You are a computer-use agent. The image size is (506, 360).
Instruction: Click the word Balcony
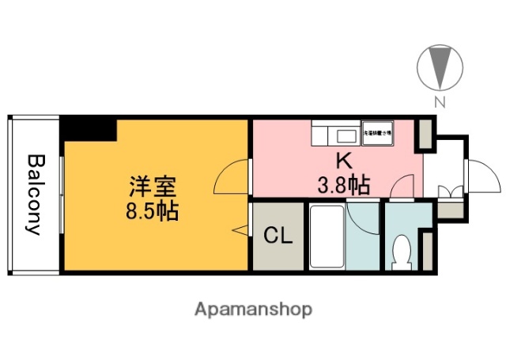coord(35,194)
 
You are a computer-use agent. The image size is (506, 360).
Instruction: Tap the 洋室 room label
coord(153,188)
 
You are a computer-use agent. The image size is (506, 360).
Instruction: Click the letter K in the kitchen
coord(345,161)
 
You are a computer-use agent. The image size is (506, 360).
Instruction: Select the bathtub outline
coord(324,237)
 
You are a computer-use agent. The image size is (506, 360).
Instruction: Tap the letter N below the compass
coord(440,101)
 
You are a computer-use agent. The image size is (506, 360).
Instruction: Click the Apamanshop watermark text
coord(252,309)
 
